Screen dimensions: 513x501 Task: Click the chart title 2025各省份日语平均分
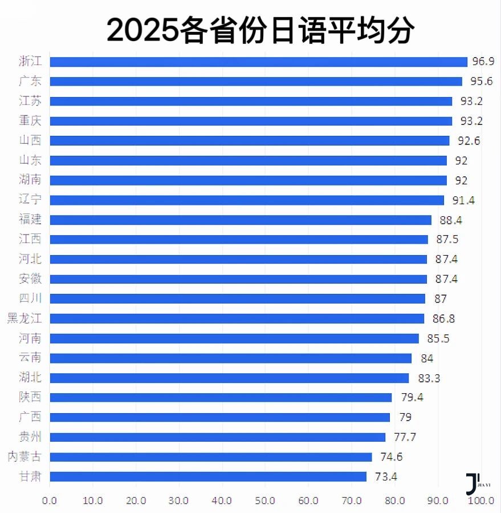pos(260,30)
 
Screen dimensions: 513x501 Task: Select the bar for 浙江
pos(258,62)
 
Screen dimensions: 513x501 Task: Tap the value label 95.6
pos(482,81)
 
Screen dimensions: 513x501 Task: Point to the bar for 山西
pos(250,140)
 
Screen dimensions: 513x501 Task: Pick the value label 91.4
pos(463,200)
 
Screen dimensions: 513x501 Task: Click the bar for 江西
pos(239,239)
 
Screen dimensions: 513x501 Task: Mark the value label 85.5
pos(438,338)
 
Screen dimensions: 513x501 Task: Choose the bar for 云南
pos(231,358)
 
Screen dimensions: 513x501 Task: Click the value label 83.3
pos(429,378)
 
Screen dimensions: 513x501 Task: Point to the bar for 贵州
pos(218,437)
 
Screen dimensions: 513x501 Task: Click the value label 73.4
pos(386,476)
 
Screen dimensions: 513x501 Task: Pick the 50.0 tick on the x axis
pos(264,500)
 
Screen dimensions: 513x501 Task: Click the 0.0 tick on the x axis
pos(50,500)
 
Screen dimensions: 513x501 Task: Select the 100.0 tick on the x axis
pos(480,500)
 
